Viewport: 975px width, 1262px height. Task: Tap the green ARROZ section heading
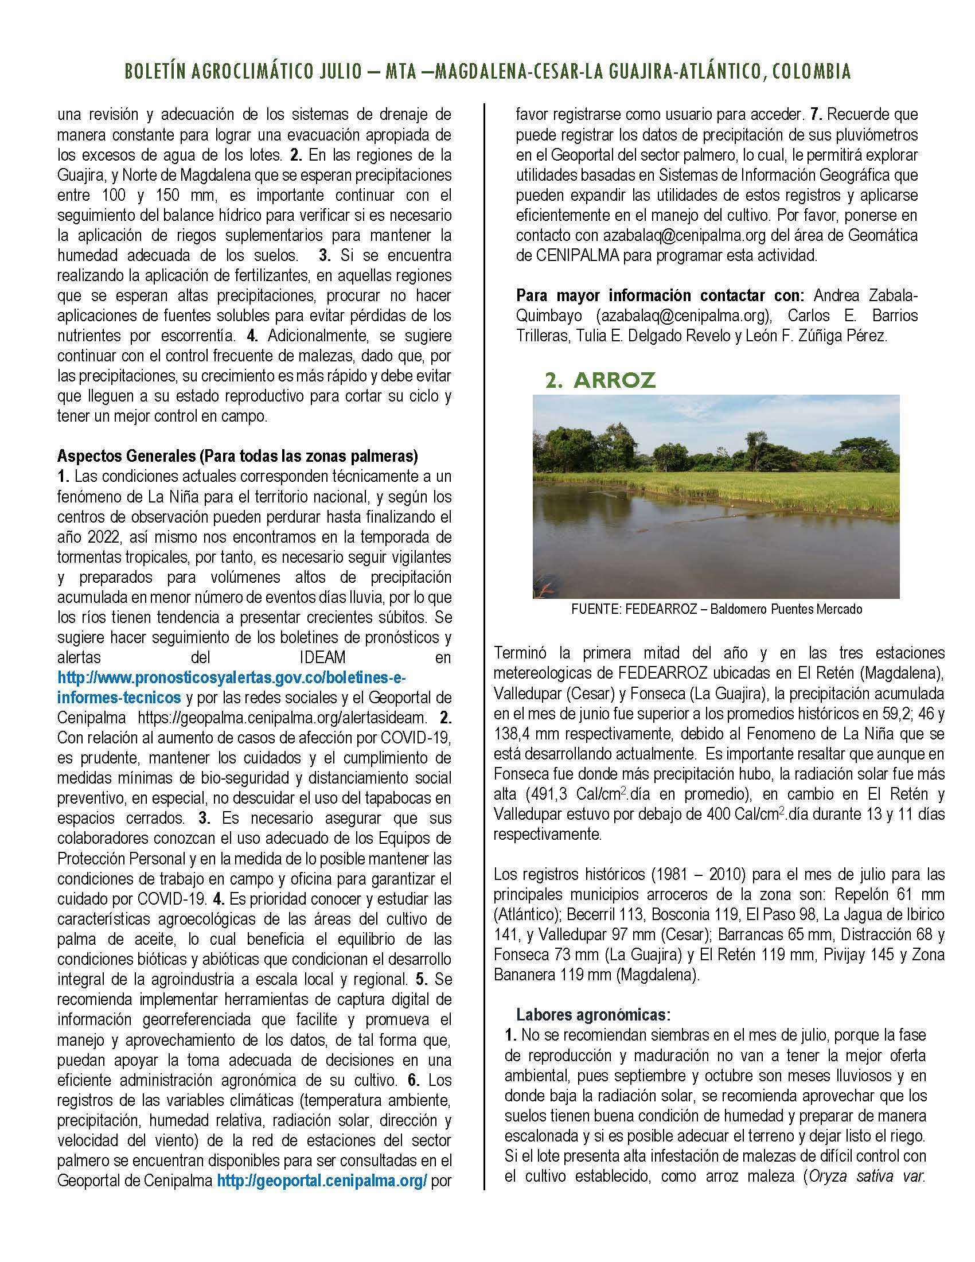(x=600, y=380)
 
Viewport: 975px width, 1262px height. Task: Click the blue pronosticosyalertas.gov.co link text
(x=234, y=677)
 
